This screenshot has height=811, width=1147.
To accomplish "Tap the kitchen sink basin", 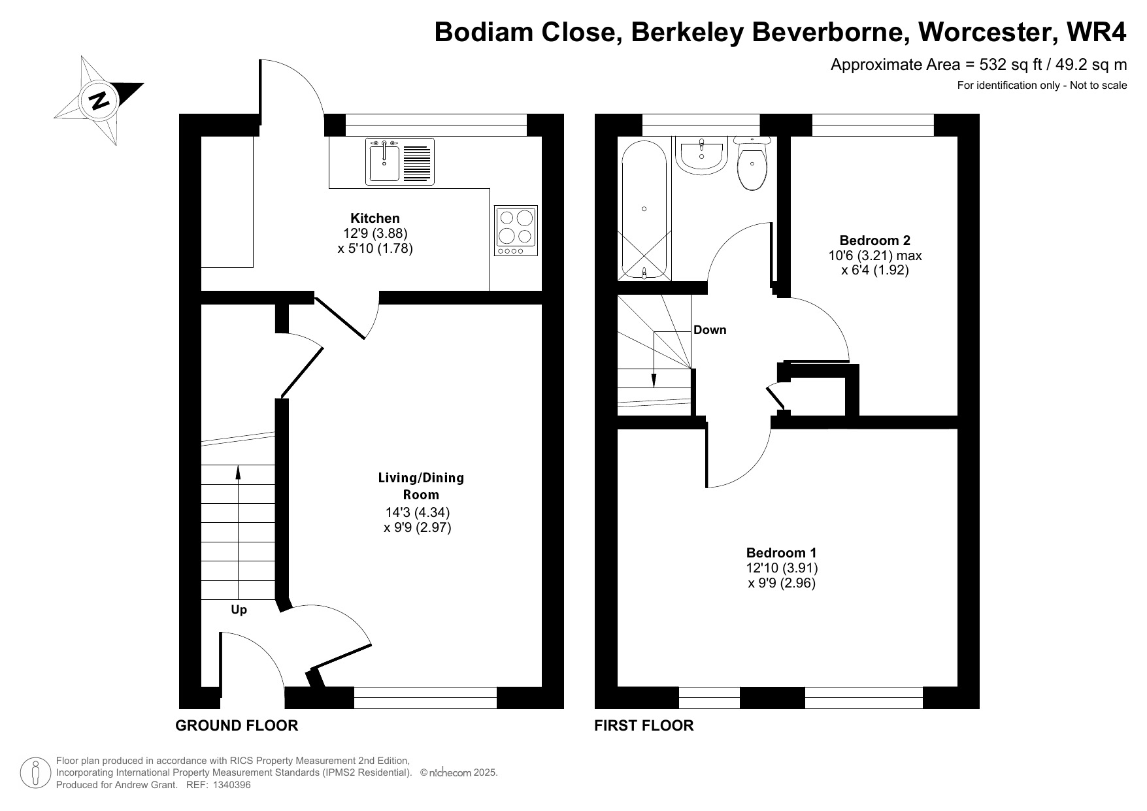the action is coord(384,161).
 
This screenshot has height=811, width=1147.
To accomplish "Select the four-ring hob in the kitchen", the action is coord(516,231).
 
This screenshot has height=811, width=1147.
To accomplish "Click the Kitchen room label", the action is coord(375,218).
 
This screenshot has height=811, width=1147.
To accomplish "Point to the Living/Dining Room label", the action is coord(421,486).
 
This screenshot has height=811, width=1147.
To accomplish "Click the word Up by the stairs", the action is coord(239,610).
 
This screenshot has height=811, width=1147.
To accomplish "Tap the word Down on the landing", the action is coord(710,330).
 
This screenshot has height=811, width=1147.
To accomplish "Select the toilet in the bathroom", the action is coord(753,163).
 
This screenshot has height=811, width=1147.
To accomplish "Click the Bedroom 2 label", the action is coord(874,240).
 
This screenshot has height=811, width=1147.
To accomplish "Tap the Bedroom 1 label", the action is coord(782,553).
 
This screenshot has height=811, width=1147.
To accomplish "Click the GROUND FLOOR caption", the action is coord(237,725).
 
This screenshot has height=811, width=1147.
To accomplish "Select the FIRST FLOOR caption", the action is coord(644,725).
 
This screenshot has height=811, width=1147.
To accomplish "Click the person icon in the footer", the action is coord(36,773).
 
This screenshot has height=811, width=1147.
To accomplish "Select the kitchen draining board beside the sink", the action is coord(418,161).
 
